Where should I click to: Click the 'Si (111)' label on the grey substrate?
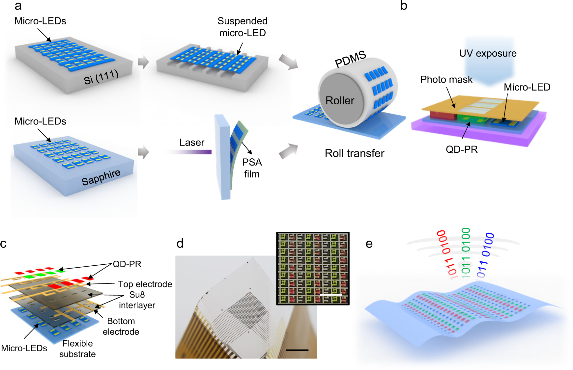[x=101, y=77]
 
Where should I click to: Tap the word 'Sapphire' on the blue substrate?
[x=101, y=177]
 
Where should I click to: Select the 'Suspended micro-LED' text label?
[x=243, y=27]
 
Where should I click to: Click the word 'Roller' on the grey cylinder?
[x=340, y=100]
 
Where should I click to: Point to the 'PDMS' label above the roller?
[x=350, y=59]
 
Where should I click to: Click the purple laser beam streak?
[x=194, y=152]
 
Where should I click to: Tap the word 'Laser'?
[x=192, y=143]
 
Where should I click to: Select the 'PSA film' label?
[x=252, y=168]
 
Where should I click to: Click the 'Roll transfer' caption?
[x=354, y=153]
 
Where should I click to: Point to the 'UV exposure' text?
[x=488, y=53]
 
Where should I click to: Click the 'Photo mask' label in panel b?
[x=446, y=80]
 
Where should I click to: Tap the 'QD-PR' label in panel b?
[x=461, y=149]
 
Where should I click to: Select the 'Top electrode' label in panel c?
[x=145, y=284]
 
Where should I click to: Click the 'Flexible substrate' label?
[x=78, y=349]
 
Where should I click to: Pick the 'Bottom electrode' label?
[x=121, y=326]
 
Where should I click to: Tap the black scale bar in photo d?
[x=297, y=350]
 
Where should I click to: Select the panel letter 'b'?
[x=404, y=6]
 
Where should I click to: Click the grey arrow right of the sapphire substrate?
[x=143, y=152]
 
